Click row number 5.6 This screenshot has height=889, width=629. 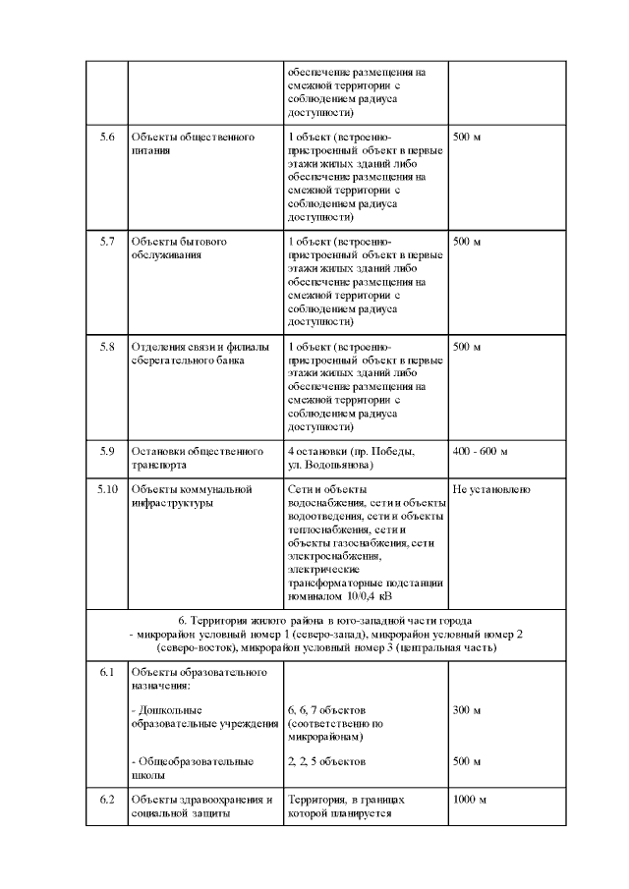[107, 137]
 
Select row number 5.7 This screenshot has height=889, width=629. [107, 242]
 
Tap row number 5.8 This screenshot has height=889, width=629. [107, 347]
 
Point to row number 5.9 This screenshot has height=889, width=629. [107, 451]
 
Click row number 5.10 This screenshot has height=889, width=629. [107, 488]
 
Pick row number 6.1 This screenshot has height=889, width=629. [107, 672]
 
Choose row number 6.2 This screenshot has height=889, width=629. [107, 800]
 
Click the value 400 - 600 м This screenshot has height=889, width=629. [480, 451]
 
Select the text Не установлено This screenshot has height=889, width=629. [491, 488]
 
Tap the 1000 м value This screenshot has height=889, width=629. [470, 800]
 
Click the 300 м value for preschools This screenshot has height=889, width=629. [467, 709]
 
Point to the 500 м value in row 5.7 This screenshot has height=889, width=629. [467, 242]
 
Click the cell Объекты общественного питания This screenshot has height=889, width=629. [193, 144]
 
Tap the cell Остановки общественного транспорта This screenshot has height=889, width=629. [193, 458]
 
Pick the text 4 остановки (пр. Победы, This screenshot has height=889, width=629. [351, 451]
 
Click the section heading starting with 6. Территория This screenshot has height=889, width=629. [324, 621]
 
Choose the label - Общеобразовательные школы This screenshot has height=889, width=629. [192, 768]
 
